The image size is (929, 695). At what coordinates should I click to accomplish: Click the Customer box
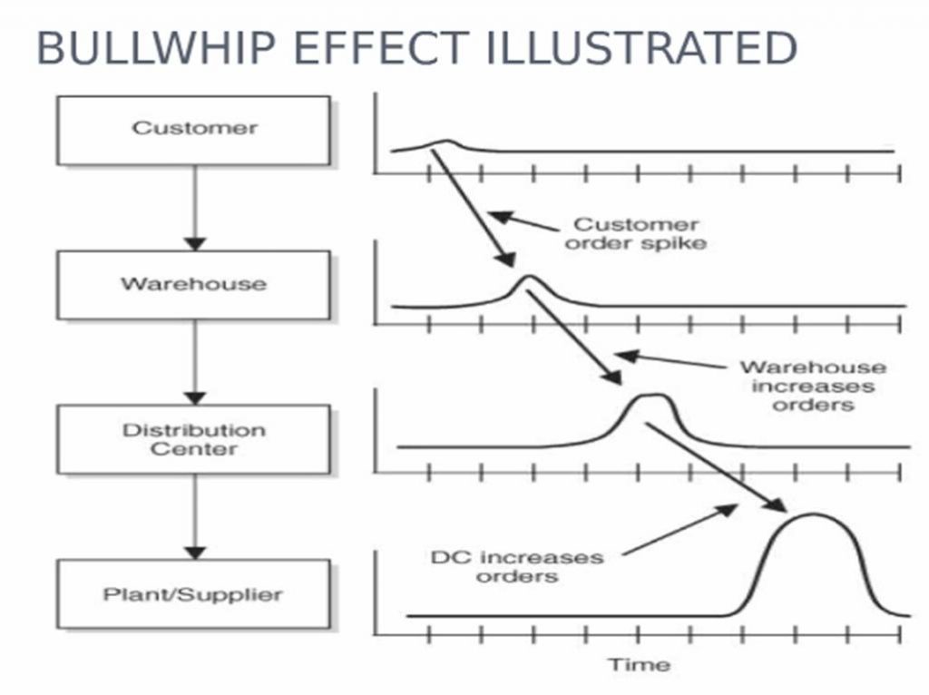193,130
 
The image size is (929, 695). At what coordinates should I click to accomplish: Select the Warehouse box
193,285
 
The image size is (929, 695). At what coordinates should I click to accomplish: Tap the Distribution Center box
193,439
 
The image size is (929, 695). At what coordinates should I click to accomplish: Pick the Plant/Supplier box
193,595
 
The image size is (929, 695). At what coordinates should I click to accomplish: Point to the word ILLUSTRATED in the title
641,48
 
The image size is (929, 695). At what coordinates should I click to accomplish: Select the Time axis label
639,664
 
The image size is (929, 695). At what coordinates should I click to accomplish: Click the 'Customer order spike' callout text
640,233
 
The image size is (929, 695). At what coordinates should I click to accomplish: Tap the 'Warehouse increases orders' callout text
813,386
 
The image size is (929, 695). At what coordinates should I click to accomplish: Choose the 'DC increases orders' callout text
516,565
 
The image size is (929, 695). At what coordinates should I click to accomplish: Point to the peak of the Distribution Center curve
652,396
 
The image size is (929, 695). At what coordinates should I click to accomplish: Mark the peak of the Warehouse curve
529,276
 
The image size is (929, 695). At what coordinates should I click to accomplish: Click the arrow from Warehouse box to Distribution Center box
194,362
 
